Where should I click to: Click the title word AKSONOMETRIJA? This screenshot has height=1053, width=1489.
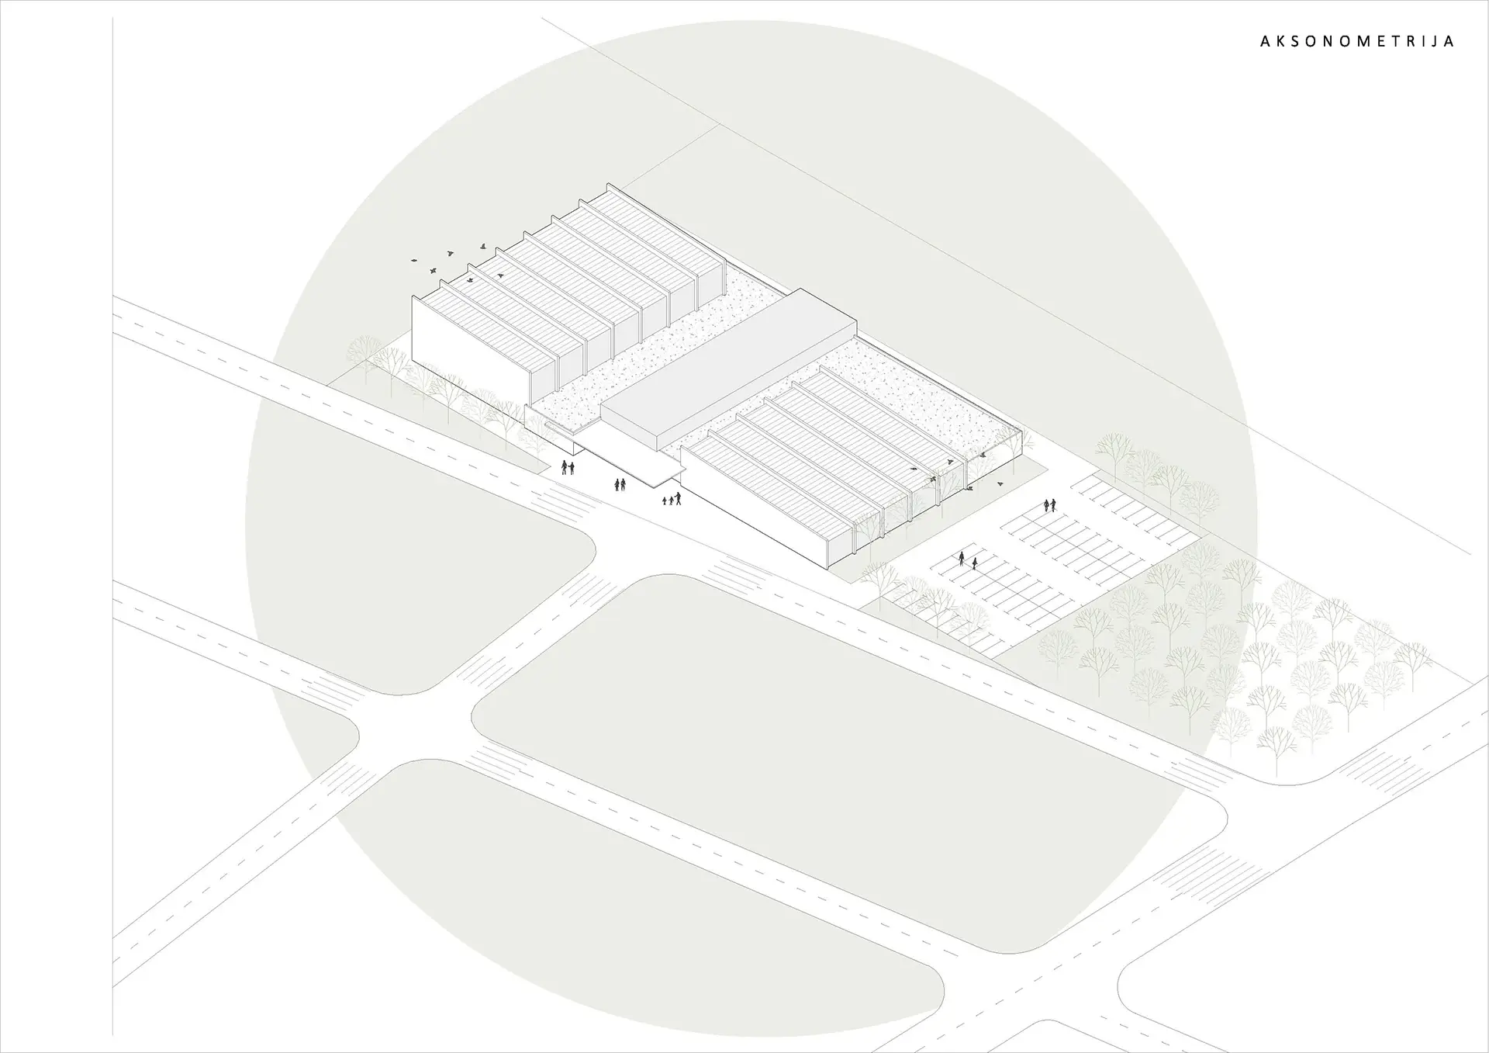[1356, 41]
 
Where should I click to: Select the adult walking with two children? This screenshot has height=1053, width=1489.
[672, 499]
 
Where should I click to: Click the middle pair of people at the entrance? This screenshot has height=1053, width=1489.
[620, 484]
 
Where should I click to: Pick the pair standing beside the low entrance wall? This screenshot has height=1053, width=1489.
[568, 467]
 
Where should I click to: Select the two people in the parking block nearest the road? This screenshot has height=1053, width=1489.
[968, 560]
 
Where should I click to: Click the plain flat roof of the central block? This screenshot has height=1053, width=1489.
[729, 369]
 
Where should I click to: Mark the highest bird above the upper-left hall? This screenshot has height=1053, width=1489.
[483, 245]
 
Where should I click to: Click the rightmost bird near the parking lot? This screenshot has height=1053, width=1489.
[1000, 483]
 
